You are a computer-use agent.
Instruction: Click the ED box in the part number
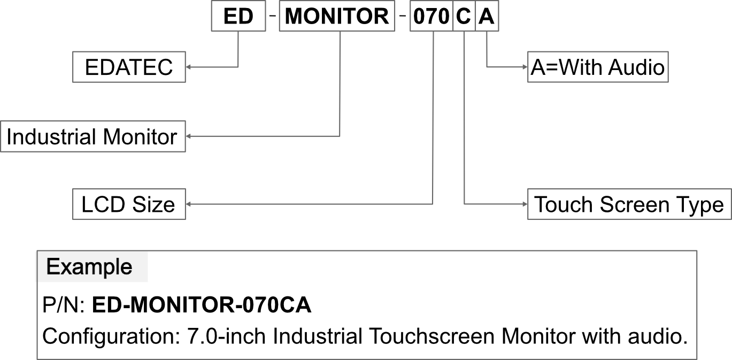pos(238,16)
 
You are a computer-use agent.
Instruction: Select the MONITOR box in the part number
pos(337,16)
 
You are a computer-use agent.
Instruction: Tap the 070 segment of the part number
pos(432,16)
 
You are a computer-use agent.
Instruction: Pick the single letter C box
pos(464,16)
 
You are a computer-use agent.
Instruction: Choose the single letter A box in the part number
pos(487,16)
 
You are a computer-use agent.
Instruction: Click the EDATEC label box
pos(129,67)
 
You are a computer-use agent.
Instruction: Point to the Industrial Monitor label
pos(93,136)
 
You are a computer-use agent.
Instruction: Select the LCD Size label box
pos(129,204)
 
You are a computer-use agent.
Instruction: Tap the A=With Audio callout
pos(598,67)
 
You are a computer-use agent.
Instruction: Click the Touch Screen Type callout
pos(629,204)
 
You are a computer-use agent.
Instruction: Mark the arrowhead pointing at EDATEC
pos(188,67)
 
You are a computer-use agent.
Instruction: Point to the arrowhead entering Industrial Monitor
pos(188,136)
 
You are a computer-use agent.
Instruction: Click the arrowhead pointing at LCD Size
pos(188,204)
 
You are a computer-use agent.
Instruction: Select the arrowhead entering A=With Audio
pos(525,67)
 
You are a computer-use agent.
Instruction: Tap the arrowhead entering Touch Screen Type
pos(525,204)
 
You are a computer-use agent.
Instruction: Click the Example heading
pos(89,267)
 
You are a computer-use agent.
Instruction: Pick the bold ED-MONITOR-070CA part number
pos(202,305)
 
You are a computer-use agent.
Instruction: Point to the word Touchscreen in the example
pos(432,336)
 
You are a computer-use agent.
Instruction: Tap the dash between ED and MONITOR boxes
pos(273,15)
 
